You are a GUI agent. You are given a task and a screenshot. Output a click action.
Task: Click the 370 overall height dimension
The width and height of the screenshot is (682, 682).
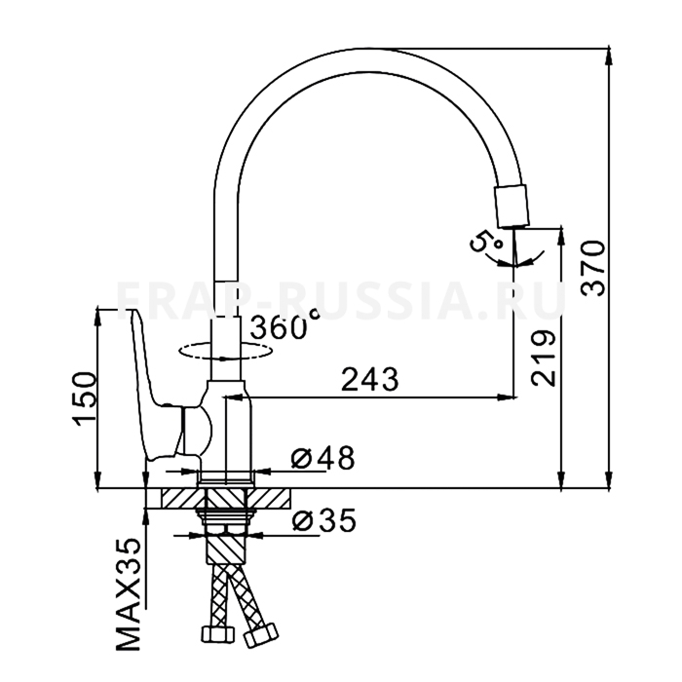tap(593, 268)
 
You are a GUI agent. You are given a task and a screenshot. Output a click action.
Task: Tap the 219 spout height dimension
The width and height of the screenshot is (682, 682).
tap(544, 359)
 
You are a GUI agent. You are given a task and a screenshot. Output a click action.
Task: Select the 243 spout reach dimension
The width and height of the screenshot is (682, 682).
tap(369, 379)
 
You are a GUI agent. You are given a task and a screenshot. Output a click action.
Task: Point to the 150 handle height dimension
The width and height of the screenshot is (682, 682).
tap(84, 398)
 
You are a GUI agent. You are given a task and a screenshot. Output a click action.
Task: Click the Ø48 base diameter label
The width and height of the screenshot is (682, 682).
tap(322, 458)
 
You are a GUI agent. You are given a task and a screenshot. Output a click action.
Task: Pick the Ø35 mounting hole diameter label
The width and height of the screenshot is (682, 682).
tap(324, 520)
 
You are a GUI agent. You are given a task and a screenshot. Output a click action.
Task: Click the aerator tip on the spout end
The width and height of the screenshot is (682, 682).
tap(511, 207)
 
